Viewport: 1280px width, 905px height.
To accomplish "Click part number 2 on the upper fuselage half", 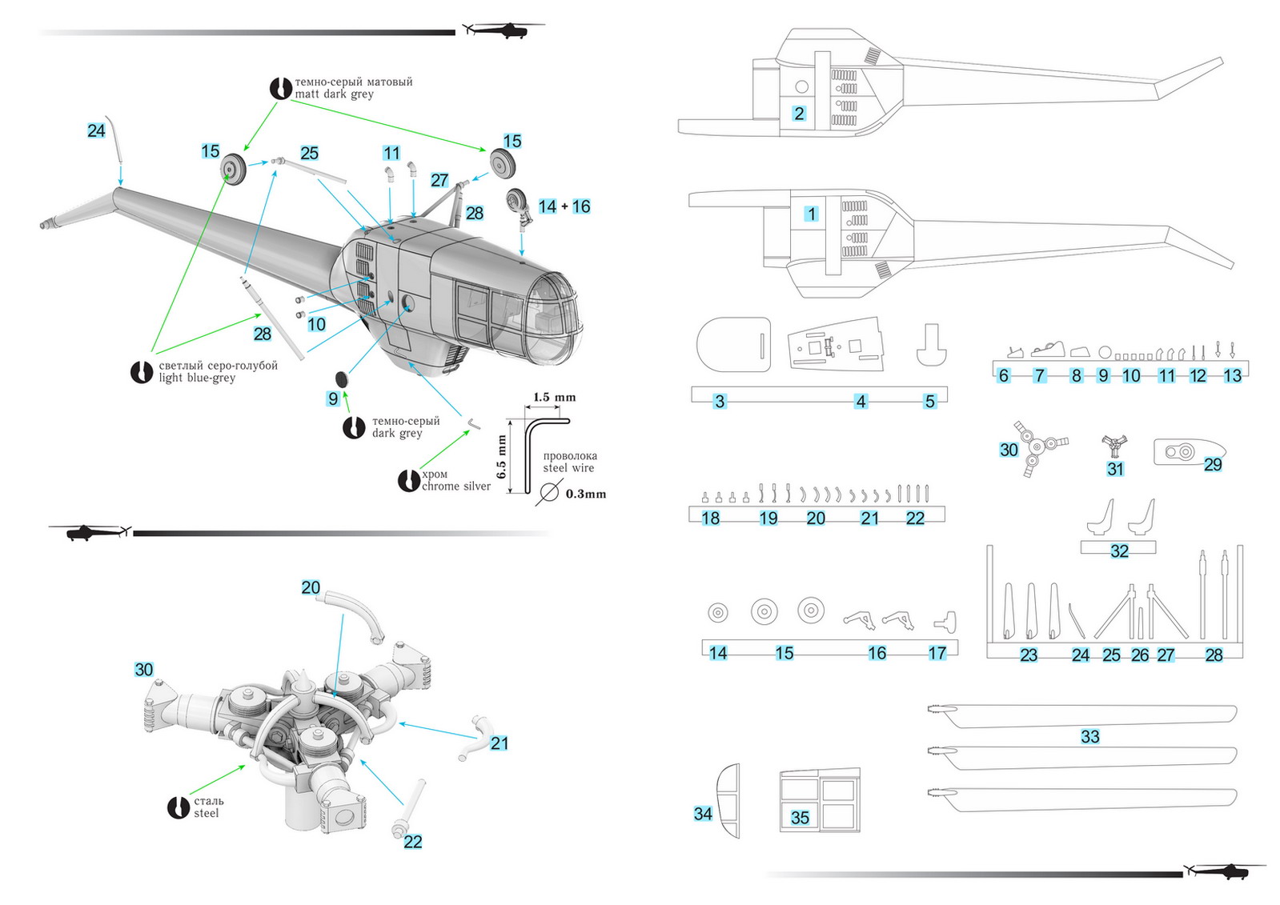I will click(x=799, y=114).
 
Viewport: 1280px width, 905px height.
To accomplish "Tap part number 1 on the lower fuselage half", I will click(x=812, y=214).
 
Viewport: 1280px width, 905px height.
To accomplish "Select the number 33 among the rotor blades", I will click(x=1089, y=736).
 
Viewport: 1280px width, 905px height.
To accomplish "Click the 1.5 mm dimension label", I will click(x=554, y=397).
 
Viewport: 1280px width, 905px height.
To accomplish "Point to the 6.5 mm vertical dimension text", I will click(x=502, y=457).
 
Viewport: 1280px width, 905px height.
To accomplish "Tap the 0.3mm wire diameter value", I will click(x=585, y=494).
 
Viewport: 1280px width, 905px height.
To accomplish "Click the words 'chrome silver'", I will click(x=455, y=487).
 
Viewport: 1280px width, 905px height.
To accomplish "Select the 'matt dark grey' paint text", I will click(x=334, y=94).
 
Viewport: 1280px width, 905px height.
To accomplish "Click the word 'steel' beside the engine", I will click(x=206, y=813).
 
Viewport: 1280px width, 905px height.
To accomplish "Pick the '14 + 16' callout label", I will click(x=564, y=206).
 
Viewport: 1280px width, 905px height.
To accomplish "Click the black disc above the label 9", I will click(x=343, y=378).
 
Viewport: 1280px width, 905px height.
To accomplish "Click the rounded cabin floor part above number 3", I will click(x=733, y=344).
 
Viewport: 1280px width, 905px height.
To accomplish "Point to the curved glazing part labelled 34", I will click(x=728, y=800).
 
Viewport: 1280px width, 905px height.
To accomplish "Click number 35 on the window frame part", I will click(x=800, y=817).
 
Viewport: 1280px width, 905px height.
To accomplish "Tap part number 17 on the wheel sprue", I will click(x=937, y=653).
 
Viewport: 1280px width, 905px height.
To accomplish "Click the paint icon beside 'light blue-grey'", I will click(x=142, y=372).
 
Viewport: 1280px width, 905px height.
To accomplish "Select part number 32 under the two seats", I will click(x=1119, y=551).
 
